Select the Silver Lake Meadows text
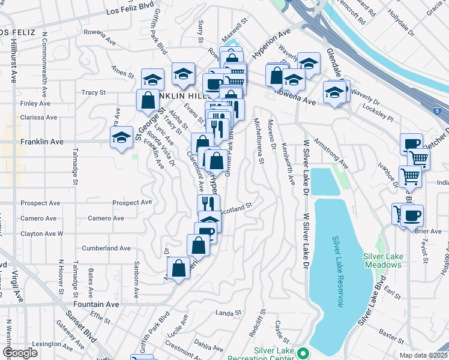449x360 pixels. [x=383, y=260]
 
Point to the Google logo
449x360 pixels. [x=19, y=353]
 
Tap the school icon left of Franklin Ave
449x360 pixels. [x=121, y=137]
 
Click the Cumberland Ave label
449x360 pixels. [x=106, y=248]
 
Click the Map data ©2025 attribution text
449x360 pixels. [x=424, y=355]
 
